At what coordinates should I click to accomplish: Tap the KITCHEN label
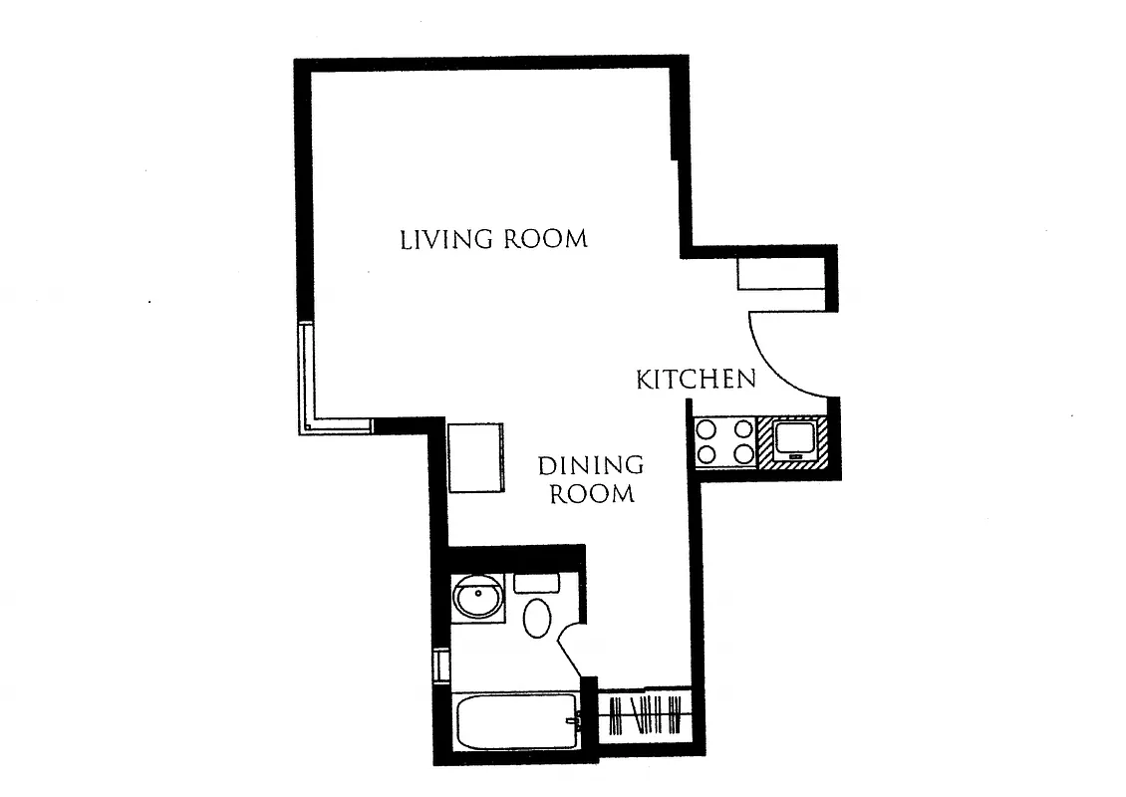(x=696, y=380)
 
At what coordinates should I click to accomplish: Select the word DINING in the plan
(x=590, y=465)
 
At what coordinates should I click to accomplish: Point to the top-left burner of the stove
(x=707, y=430)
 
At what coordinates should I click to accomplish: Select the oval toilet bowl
(x=537, y=618)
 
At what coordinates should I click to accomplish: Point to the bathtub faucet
(x=571, y=721)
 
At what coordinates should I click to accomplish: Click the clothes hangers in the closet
(x=645, y=714)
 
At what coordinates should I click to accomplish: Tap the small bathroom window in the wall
(x=441, y=664)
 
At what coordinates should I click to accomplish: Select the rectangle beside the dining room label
(x=475, y=457)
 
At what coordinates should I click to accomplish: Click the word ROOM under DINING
(x=592, y=493)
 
